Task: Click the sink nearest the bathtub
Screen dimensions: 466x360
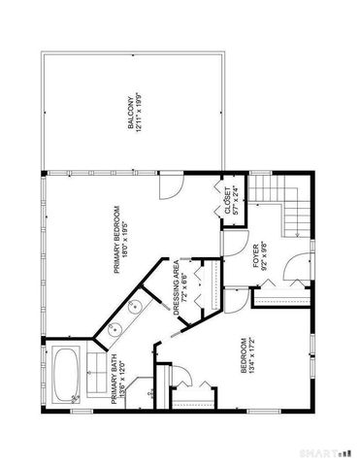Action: [115, 327]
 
